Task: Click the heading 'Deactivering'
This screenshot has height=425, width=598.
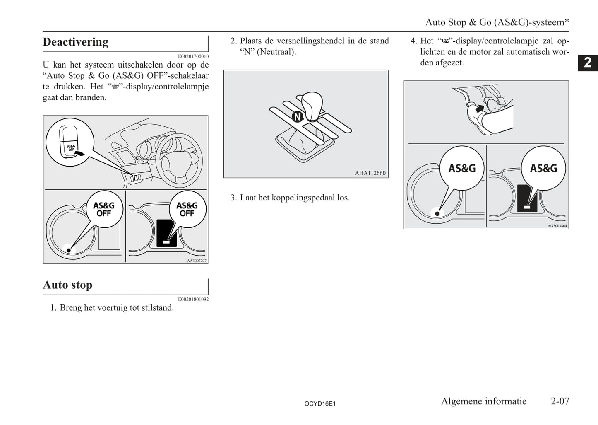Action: click(x=75, y=42)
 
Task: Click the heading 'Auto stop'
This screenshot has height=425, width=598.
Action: click(x=67, y=285)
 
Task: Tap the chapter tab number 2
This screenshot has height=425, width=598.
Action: click(x=588, y=63)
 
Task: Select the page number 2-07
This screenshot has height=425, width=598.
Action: click(x=560, y=401)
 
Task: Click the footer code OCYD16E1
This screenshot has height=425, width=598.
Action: click(x=319, y=403)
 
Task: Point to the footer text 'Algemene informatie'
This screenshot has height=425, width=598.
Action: click(x=483, y=401)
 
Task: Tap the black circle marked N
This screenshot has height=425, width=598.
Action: click(x=297, y=117)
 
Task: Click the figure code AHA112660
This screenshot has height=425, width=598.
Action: click(x=370, y=173)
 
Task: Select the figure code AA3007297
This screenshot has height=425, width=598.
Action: click(x=197, y=261)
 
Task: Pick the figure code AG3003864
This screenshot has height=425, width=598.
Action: click(x=557, y=226)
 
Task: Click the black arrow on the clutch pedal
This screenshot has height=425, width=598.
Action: click(x=479, y=109)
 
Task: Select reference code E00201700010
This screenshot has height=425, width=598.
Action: click(x=193, y=56)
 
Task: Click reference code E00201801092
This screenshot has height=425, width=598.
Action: click(x=193, y=299)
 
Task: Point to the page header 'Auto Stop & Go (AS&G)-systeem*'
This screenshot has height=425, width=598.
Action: click(x=497, y=22)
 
